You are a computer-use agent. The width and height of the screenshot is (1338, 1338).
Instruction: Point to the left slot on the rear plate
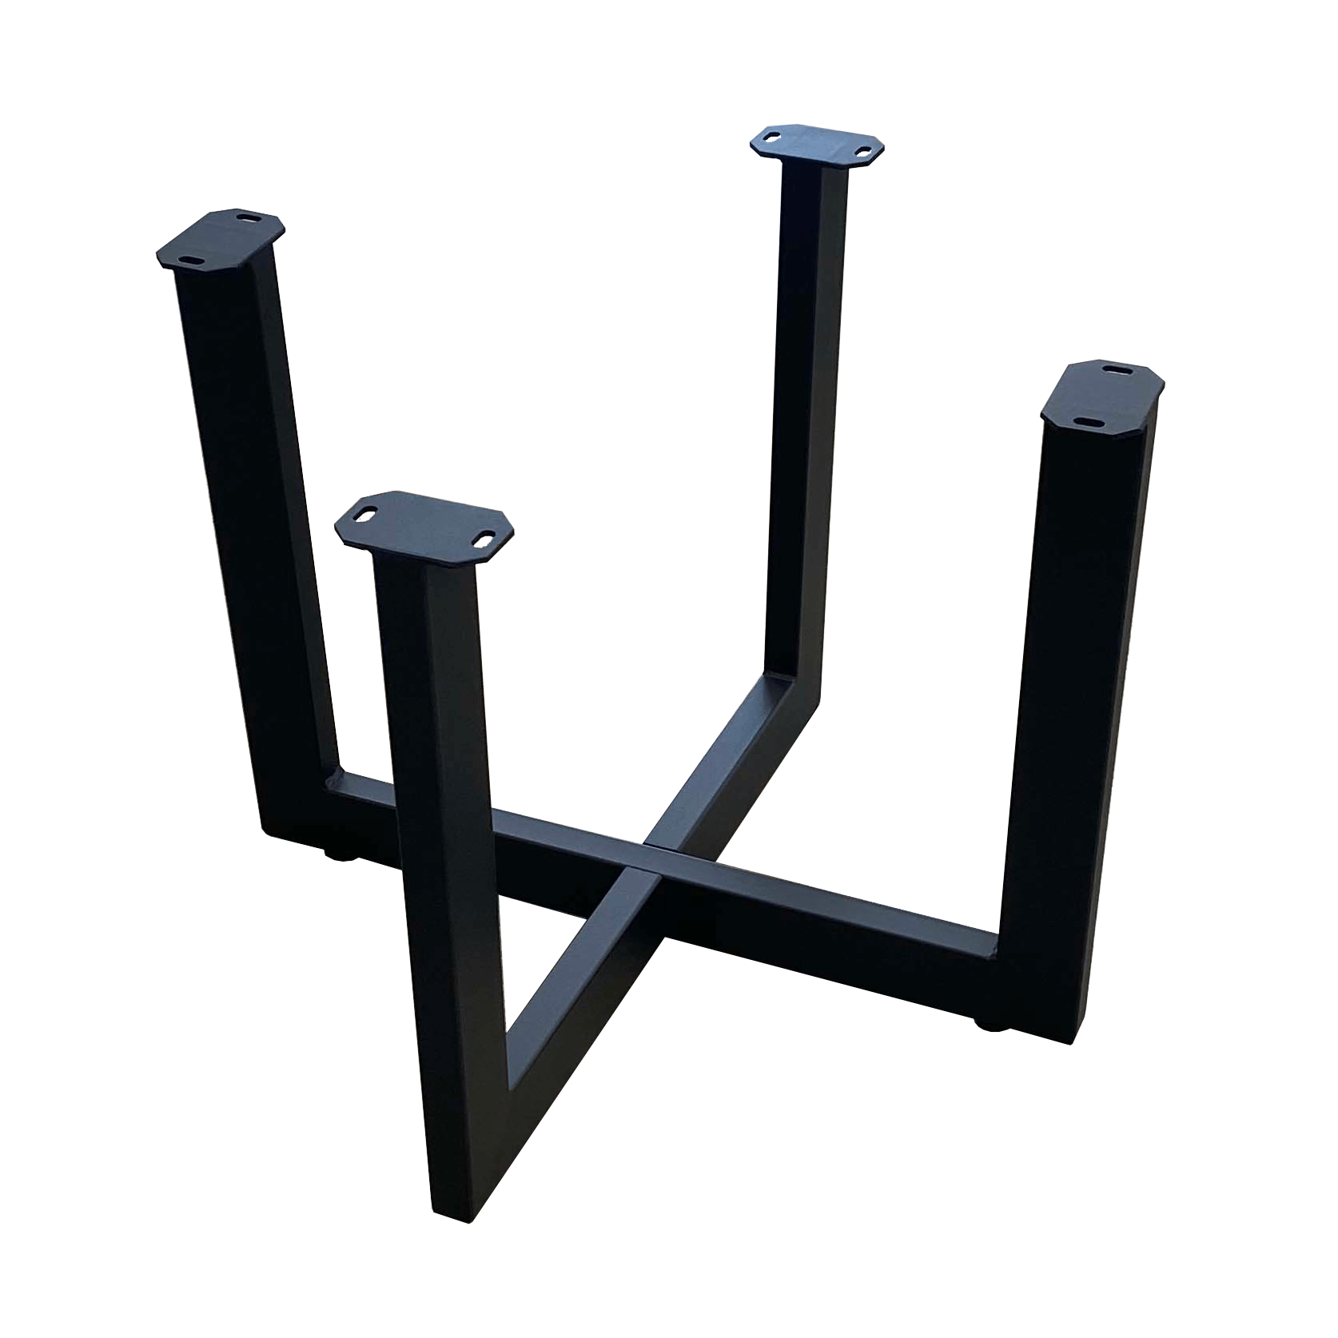pyautogui.click(x=772, y=137)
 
